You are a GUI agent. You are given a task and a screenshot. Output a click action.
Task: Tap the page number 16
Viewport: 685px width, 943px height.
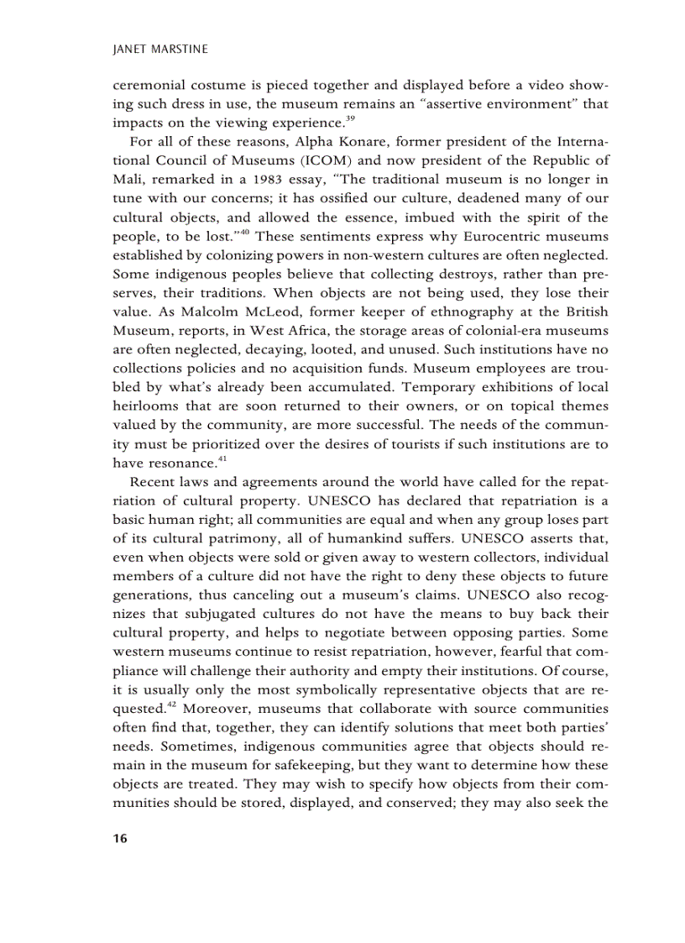tap(119, 838)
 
